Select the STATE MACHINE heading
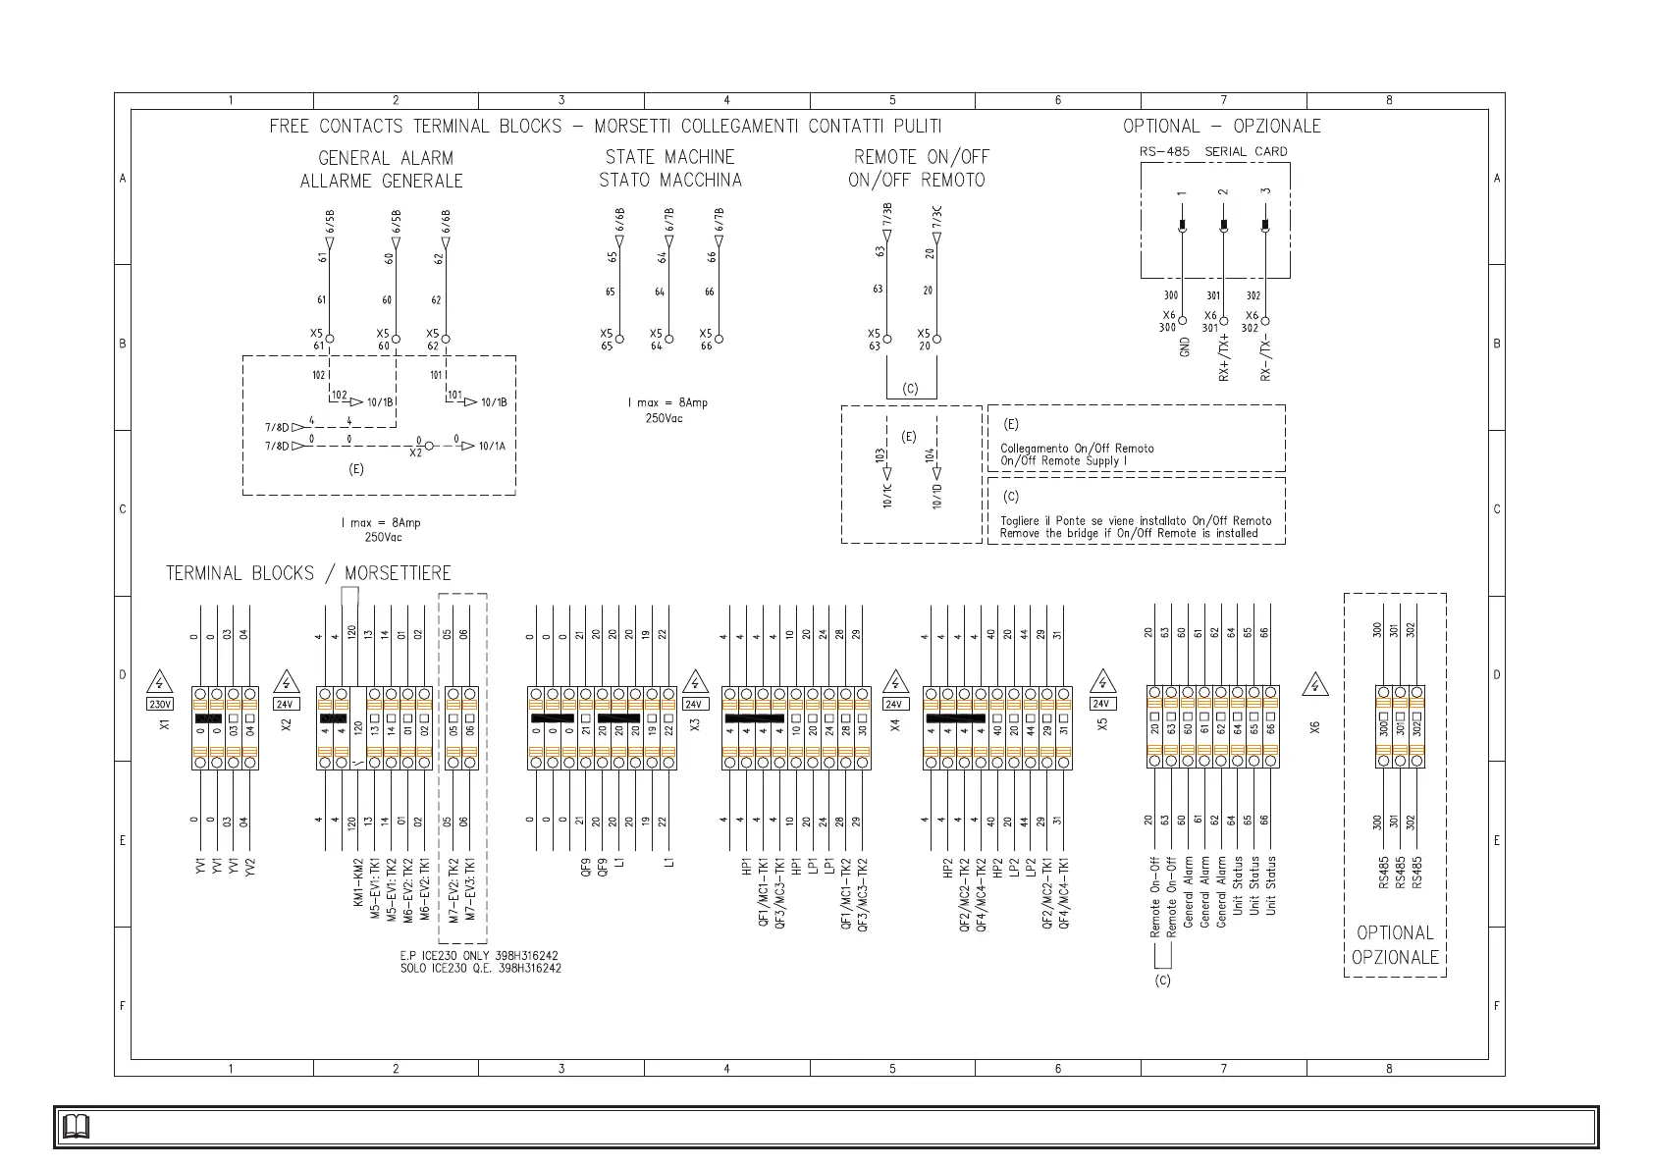point(669,157)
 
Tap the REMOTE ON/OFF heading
point(921,157)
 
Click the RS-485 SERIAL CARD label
point(1213,151)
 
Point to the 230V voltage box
point(160,704)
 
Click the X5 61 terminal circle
point(330,340)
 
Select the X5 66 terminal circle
point(720,340)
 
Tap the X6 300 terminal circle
point(1183,321)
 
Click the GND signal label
point(1185,346)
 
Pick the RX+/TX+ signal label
point(1224,356)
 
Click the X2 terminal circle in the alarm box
point(429,446)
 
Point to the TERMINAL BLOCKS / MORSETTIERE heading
point(308,573)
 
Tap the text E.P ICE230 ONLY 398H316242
point(480,955)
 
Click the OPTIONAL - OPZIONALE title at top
point(1221,127)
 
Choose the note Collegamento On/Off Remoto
point(1077,449)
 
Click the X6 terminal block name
point(1314,726)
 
